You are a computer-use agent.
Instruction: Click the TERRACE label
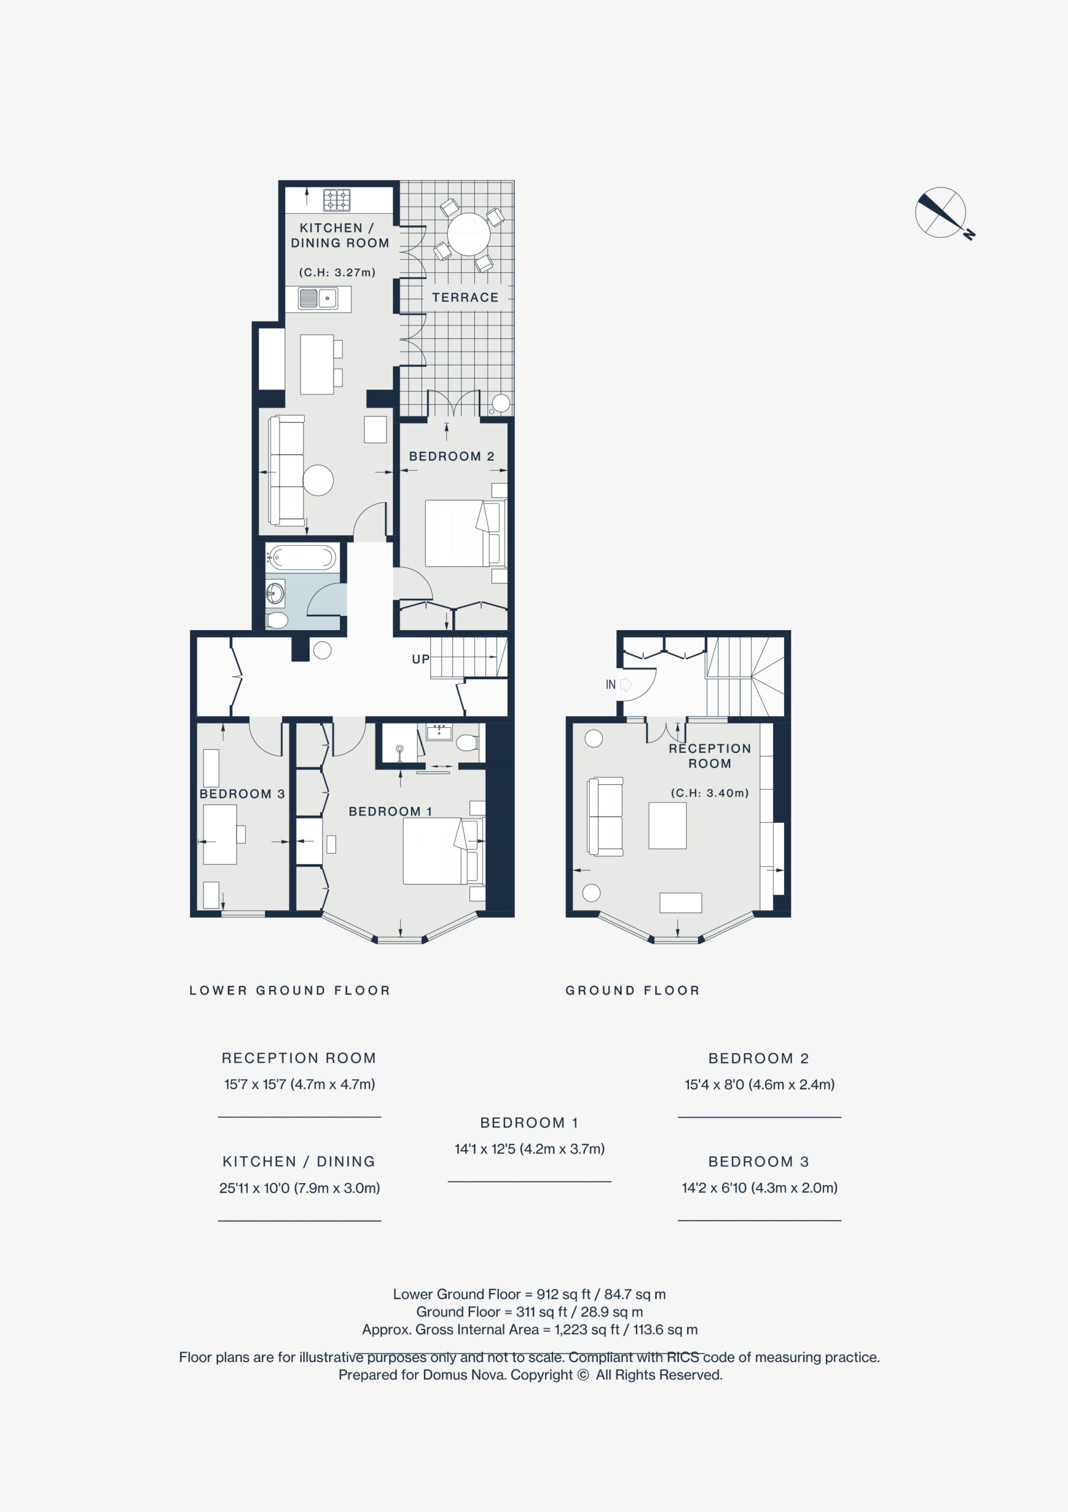465,298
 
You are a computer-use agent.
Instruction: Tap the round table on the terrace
469,234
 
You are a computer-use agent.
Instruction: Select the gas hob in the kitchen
337,200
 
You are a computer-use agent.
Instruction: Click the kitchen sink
318,298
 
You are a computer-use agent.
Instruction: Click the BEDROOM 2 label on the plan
452,457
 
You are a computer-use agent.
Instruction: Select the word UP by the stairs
421,659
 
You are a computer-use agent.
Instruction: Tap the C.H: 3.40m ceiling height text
710,793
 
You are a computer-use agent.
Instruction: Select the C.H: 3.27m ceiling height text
337,272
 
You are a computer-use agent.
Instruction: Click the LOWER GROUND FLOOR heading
290,990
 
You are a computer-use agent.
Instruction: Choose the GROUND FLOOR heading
632,990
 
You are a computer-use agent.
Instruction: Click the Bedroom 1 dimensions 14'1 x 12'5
530,1149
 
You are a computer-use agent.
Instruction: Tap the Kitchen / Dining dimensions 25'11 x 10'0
299,1188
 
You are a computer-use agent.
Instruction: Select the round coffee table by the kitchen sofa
318,480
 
